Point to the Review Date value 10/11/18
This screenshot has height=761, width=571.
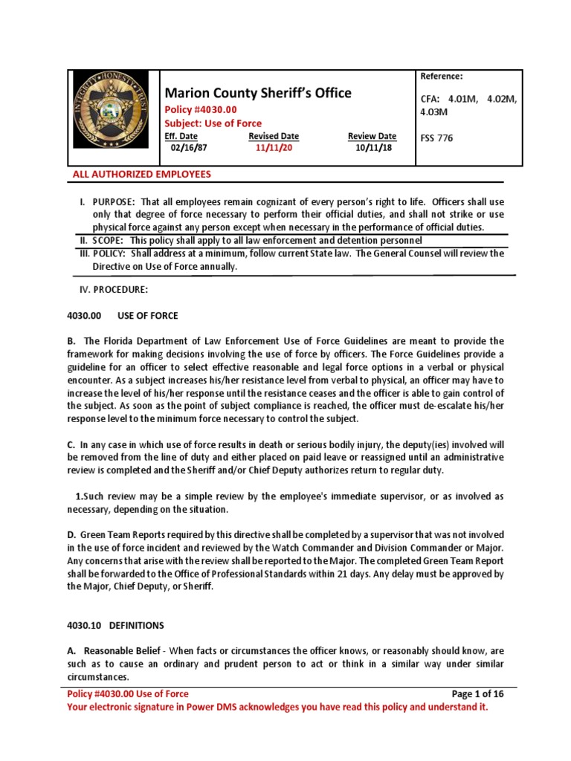(x=372, y=147)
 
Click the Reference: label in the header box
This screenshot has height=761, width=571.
(x=442, y=77)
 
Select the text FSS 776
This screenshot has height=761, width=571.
(x=436, y=138)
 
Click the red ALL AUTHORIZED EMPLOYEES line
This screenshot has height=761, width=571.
(x=141, y=175)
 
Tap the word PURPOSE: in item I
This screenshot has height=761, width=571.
(x=114, y=202)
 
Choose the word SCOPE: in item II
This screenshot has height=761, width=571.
(x=108, y=241)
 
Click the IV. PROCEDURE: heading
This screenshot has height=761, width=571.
(x=113, y=288)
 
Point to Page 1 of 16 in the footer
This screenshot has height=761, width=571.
(x=478, y=694)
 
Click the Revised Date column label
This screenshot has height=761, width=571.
(x=274, y=136)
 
